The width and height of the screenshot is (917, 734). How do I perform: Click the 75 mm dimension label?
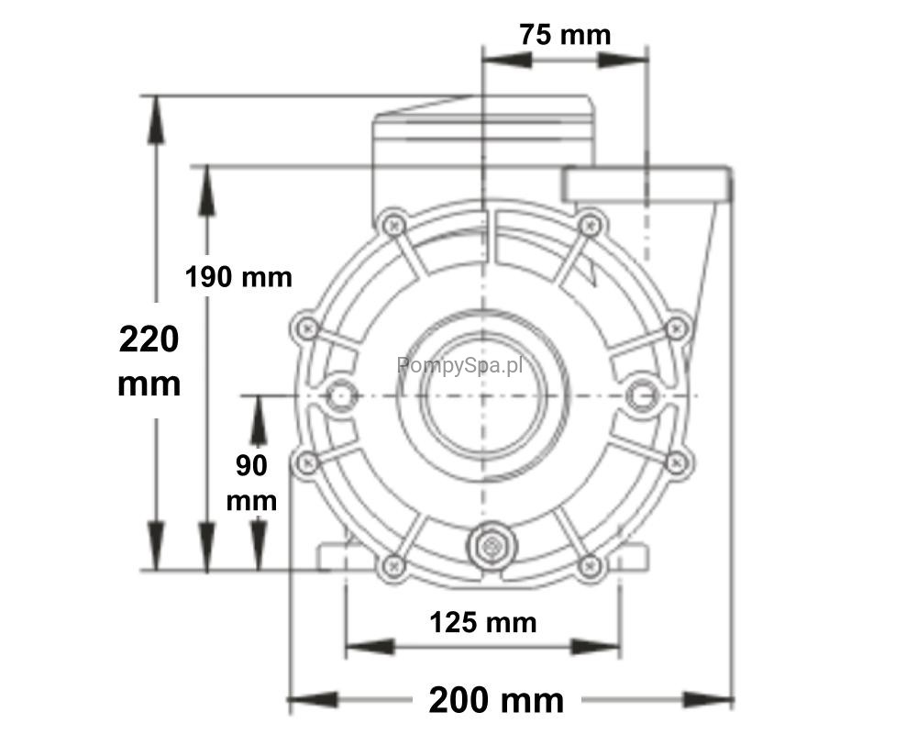pos(565,34)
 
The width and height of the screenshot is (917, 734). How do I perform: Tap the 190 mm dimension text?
pos(238,276)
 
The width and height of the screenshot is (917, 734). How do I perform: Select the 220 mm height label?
pos(149,361)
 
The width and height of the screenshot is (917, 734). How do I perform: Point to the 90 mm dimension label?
pos(251,483)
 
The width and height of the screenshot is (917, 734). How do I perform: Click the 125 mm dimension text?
pos(483,622)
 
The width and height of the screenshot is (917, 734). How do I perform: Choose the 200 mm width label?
pos(496,699)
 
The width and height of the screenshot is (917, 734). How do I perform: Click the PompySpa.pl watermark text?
pos(459,366)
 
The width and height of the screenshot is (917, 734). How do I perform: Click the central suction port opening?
pos(483,395)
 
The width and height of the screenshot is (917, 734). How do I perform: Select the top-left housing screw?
pos(393,224)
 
